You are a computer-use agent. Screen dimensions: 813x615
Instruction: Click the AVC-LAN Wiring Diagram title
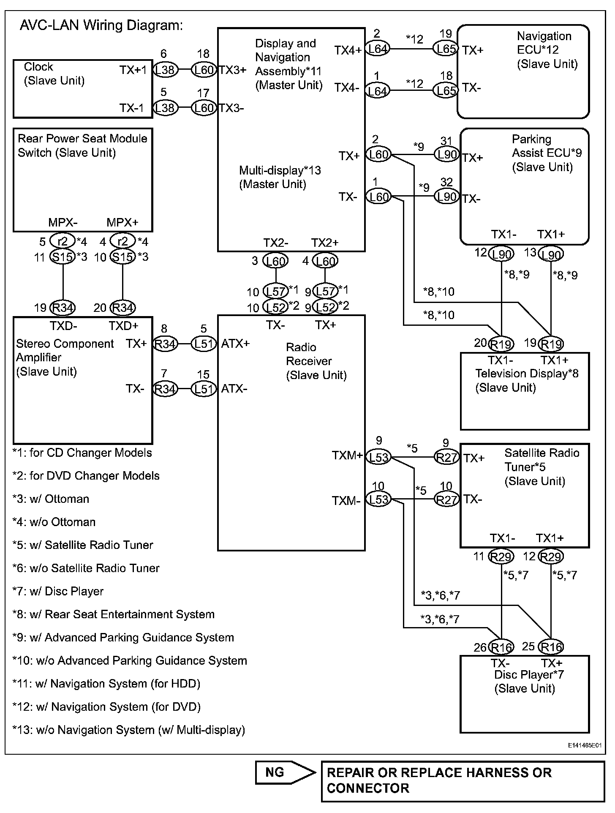pyautogui.click(x=101, y=26)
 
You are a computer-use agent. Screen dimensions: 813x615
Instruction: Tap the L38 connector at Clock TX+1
pyautogui.click(x=165, y=70)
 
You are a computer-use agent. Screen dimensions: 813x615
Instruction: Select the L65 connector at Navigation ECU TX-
pyautogui.click(x=445, y=90)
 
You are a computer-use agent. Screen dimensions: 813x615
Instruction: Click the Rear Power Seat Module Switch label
pyautogui.click(x=82, y=145)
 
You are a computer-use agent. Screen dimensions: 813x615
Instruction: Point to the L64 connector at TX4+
pyautogui.click(x=377, y=49)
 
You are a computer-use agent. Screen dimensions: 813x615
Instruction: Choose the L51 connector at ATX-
pyautogui.click(x=204, y=389)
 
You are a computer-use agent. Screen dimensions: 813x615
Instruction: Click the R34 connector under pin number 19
pyautogui.click(x=63, y=308)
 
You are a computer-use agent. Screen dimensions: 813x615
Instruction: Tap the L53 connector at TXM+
pyautogui.click(x=378, y=457)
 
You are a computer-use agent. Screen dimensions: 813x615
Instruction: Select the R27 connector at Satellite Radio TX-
pyautogui.click(x=446, y=500)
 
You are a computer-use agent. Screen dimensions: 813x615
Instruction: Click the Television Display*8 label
pyautogui.click(x=527, y=374)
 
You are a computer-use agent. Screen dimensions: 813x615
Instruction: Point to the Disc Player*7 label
pyautogui.click(x=528, y=675)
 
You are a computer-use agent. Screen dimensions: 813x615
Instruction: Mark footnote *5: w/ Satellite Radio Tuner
pyautogui.click(x=83, y=545)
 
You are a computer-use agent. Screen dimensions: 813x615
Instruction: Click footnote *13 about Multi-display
pyautogui.click(x=129, y=730)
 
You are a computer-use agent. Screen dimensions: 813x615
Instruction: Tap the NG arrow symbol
pyautogui.click(x=285, y=773)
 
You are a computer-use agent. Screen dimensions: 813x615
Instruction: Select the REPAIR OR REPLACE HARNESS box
pyautogui.click(x=463, y=781)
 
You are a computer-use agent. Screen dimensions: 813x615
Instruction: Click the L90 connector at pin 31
pyautogui.click(x=446, y=155)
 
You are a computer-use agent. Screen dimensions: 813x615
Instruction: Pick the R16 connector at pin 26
pyautogui.click(x=501, y=647)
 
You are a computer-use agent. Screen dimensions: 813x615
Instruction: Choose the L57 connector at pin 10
pyautogui.click(x=275, y=291)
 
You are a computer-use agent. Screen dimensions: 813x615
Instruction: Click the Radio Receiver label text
pyautogui.click(x=316, y=361)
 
